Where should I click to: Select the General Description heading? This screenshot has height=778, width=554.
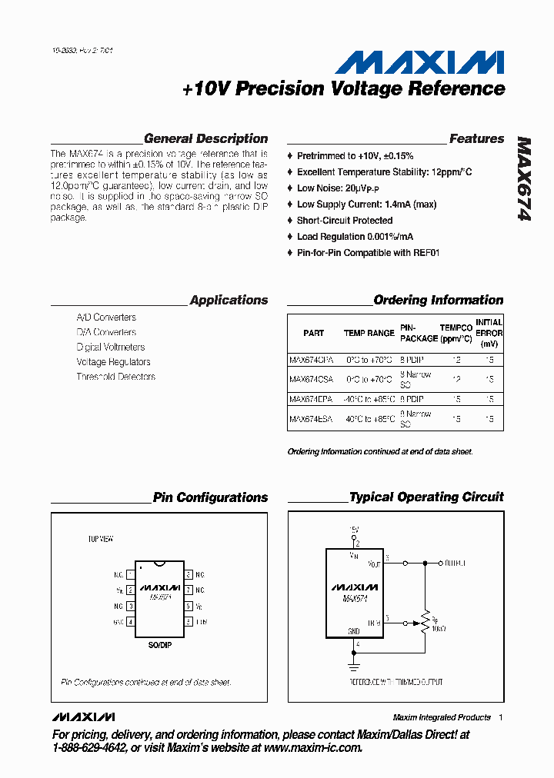click(x=205, y=139)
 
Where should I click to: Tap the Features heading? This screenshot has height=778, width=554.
click(x=476, y=139)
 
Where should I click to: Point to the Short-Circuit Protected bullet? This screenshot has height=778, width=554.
click(x=345, y=221)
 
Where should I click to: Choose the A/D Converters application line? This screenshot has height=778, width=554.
click(x=106, y=318)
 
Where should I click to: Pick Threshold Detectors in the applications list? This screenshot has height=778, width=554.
click(x=115, y=377)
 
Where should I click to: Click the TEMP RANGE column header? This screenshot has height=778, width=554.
click(x=369, y=334)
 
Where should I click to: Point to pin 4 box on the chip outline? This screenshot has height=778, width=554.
click(x=131, y=621)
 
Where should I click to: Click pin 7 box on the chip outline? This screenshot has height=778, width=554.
click(x=188, y=590)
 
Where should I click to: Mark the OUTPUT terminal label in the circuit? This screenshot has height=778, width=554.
click(x=456, y=564)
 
